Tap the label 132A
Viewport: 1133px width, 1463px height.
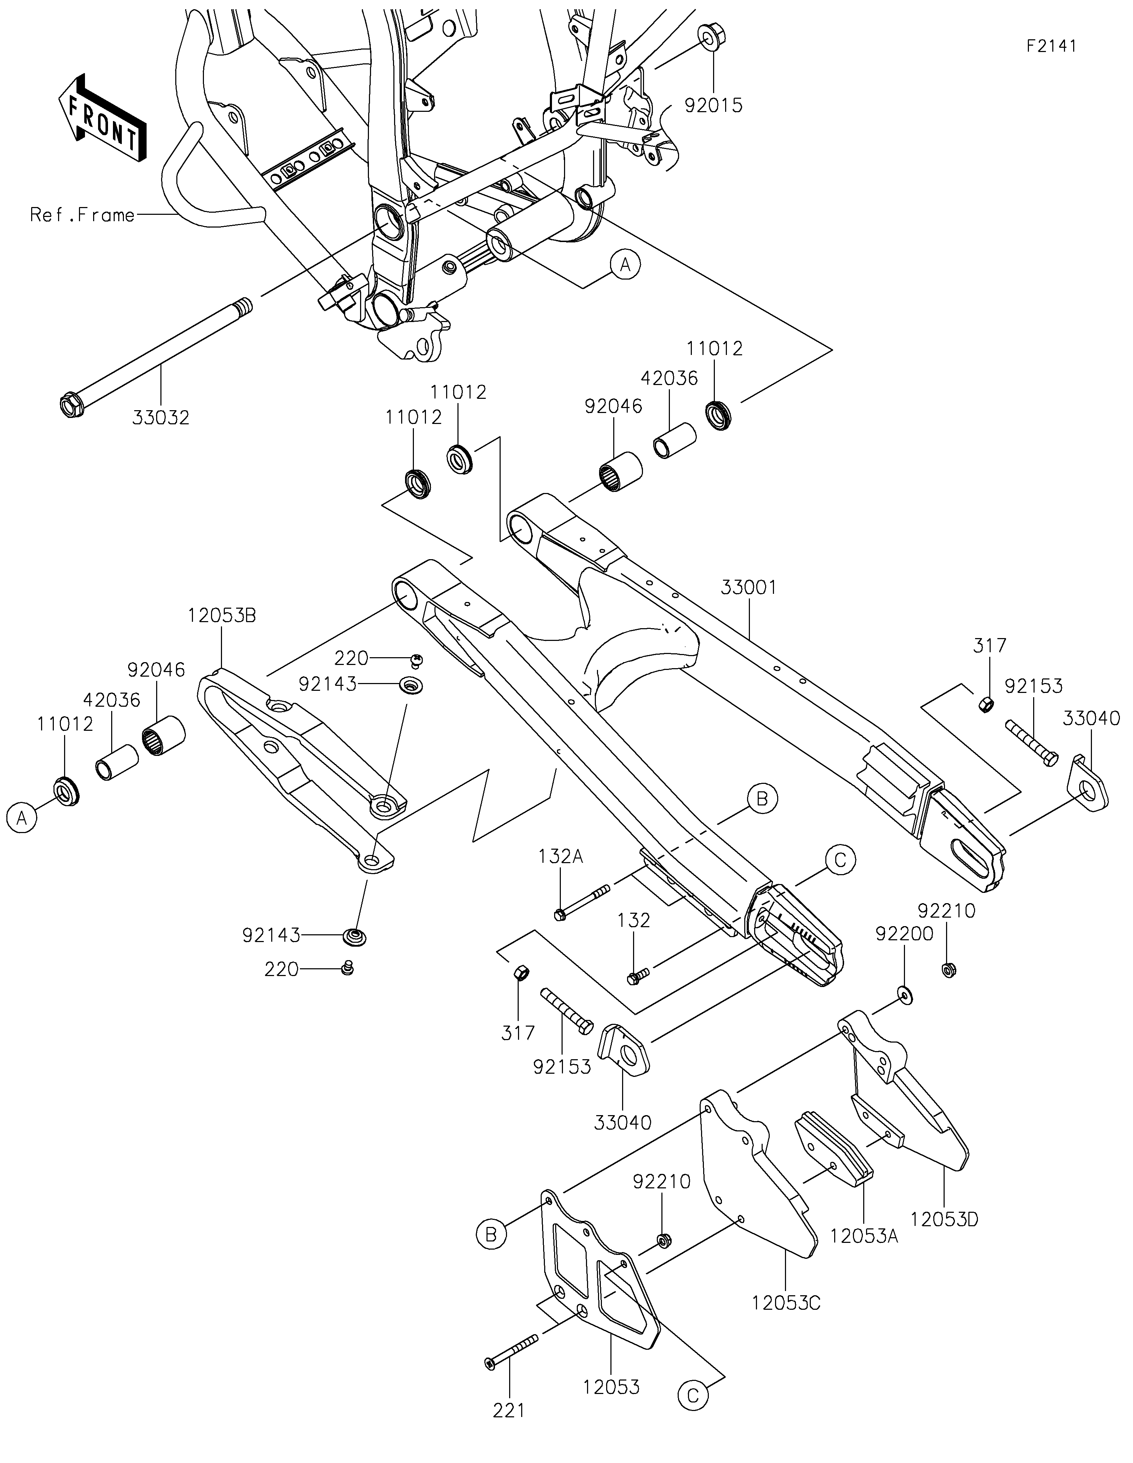561,856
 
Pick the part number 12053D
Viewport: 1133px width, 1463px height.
944,1219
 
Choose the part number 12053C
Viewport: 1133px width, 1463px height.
786,1303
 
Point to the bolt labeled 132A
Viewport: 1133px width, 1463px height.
582,901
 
